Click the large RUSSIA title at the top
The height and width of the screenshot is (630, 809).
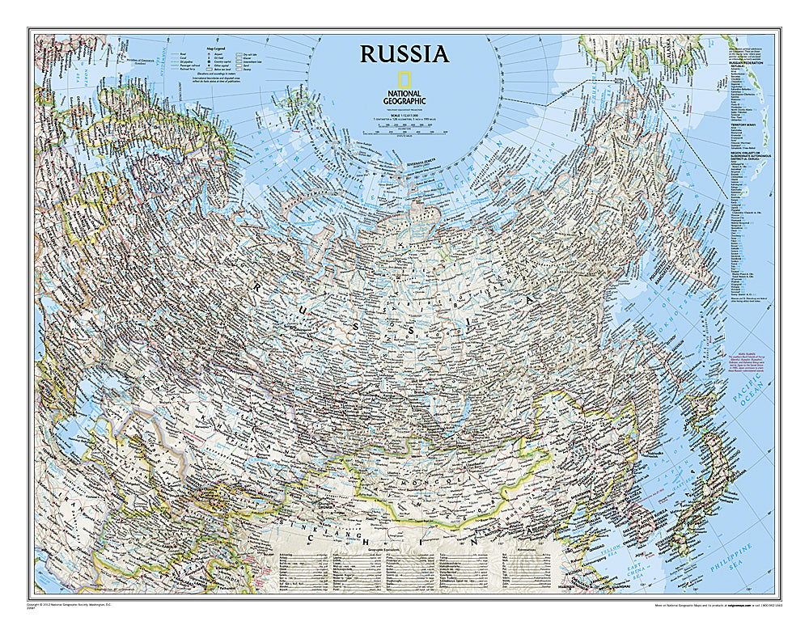point(404,54)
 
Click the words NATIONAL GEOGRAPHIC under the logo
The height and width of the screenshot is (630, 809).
point(404,98)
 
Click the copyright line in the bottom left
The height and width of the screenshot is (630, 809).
point(65,605)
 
